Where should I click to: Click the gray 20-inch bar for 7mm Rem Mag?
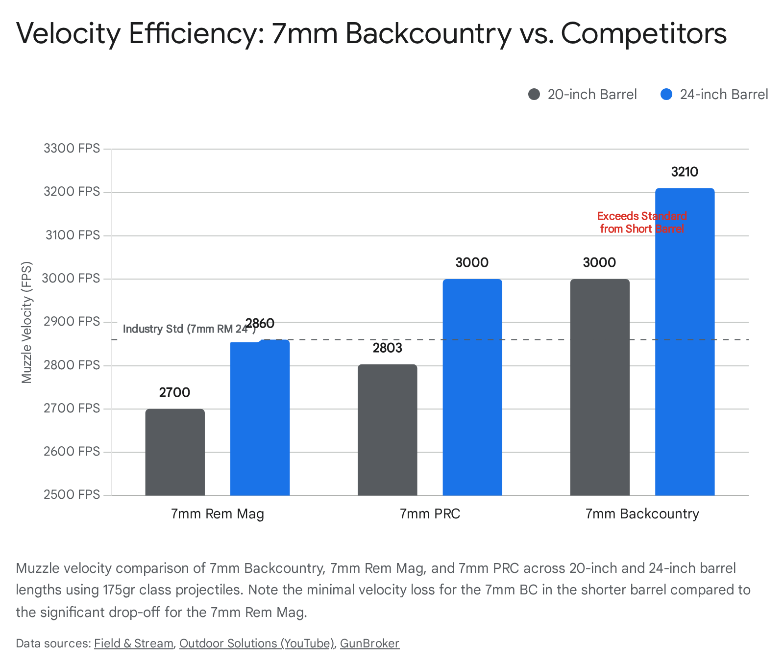click(175, 452)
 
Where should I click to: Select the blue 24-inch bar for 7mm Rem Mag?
click(260, 417)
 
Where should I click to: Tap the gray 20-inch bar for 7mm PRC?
click(387, 430)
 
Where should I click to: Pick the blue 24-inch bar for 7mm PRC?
click(472, 387)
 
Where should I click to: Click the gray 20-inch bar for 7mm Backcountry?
click(600, 387)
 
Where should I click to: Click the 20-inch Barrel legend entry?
click(583, 94)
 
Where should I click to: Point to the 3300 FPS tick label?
click(72, 148)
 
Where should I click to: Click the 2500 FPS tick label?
click(72, 494)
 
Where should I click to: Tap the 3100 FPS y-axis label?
click(73, 235)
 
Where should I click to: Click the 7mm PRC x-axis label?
click(430, 514)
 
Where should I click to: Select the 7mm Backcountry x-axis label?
click(642, 514)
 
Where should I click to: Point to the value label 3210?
click(685, 172)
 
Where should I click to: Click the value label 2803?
click(387, 348)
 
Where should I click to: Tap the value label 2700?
click(174, 393)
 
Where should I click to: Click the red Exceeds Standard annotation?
click(642, 222)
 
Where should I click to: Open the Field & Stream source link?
click(134, 643)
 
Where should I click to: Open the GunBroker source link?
click(369, 643)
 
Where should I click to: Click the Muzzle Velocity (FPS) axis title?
click(26, 322)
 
